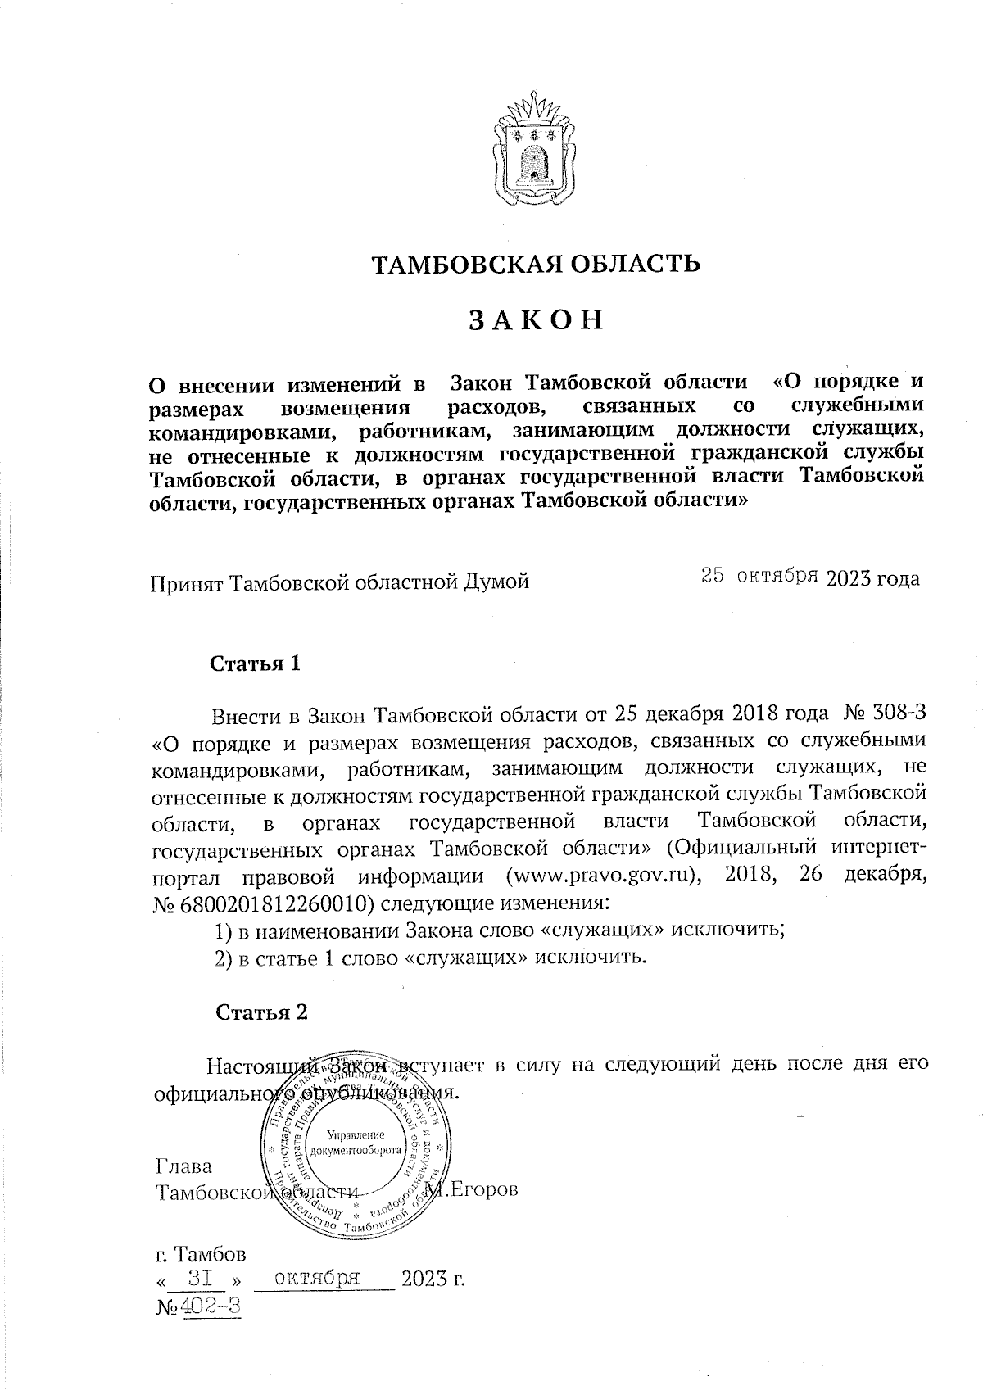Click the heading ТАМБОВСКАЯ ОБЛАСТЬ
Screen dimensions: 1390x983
click(537, 264)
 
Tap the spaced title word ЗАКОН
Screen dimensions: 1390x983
click(537, 320)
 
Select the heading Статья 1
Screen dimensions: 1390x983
click(256, 663)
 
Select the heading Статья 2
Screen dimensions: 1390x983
click(261, 1012)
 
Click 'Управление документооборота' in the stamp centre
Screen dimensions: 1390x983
click(356, 1141)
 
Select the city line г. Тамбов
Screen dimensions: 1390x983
click(200, 1253)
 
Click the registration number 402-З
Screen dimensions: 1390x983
click(212, 1306)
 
